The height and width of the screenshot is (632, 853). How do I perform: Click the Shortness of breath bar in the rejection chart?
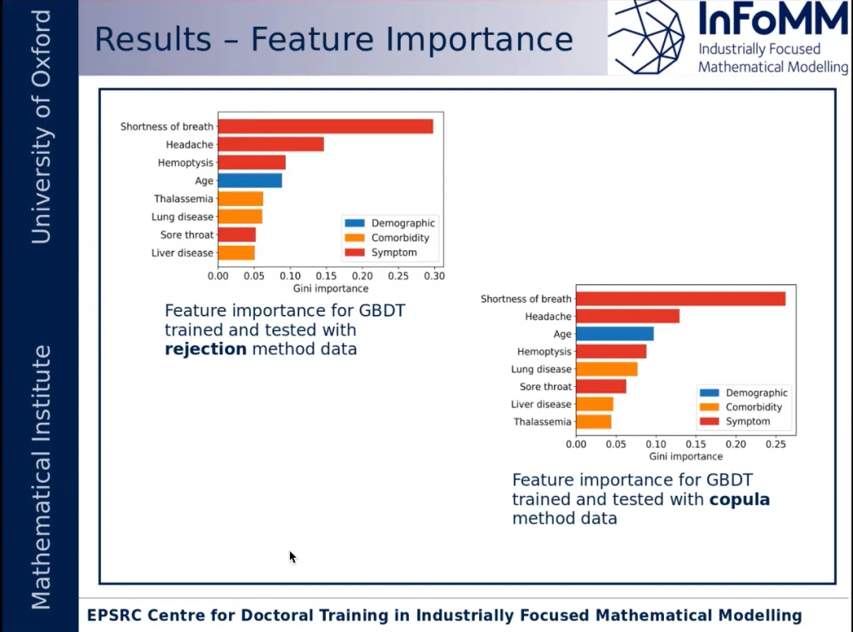(x=325, y=127)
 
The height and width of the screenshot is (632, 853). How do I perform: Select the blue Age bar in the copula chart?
(x=614, y=334)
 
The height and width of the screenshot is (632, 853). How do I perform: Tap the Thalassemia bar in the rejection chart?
(x=240, y=198)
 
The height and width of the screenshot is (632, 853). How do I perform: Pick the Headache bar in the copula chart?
(x=627, y=316)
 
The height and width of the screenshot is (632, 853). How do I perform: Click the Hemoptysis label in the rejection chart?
(x=186, y=163)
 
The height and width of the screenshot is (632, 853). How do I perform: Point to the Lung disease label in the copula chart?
(x=541, y=369)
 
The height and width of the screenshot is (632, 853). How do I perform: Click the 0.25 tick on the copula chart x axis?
(x=776, y=444)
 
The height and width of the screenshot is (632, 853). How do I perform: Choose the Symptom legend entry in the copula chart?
(x=747, y=422)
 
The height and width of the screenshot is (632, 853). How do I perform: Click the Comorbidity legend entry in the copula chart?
(x=754, y=408)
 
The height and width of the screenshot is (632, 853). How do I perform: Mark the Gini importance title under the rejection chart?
(x=331, y=288)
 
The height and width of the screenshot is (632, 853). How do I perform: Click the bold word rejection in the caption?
(x=206, y=349)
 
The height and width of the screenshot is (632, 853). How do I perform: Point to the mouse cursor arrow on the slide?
(x=292, y=557)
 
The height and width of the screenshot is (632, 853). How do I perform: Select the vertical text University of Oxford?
(x=41, y=127)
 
